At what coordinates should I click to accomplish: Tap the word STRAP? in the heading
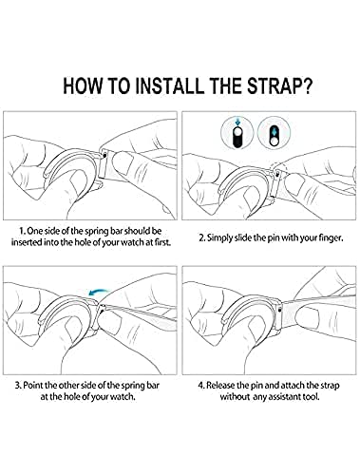pos(278,85)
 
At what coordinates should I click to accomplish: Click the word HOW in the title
pos(82,85)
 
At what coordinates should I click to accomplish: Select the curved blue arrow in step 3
pos(99,291)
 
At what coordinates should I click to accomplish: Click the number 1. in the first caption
pos(22,231)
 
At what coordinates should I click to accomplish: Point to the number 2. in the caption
pos(202,237)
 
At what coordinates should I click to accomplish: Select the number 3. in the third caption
pos(18,386)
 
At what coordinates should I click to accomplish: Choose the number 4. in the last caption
pos(201,386)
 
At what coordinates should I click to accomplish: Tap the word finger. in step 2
pos(331,237)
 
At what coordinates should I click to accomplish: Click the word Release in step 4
pos(221,386)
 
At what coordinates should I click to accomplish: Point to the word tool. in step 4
pos(311,396)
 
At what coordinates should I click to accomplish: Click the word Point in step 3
pos(33,386)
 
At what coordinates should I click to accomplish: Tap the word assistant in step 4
pos(284,396)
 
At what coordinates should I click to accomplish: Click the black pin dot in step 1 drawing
pos(104,155)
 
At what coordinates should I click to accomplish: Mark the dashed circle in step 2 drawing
pos(278,171)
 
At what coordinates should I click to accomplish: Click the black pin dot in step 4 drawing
pos(279,311)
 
